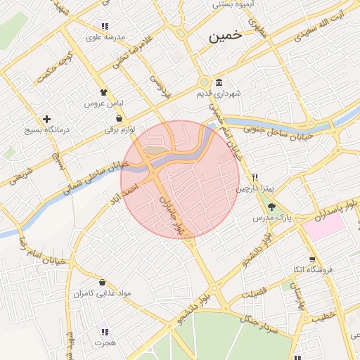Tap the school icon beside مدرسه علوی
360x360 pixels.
pyautogui.click(x=105, y=26)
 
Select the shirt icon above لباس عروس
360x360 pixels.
pyautogui.click(x=104, y=91)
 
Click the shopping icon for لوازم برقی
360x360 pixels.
pyautogui.click(x=119, y=118)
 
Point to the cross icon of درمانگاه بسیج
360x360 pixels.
pyautogui.click(x=47, y=119)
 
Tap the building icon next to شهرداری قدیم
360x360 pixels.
pyautogui.click(x=220, y=82)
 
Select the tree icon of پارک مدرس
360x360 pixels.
pyautogui.click(x=271, y=207)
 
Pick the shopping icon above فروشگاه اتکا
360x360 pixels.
pyautogui.click(x=312, y=258)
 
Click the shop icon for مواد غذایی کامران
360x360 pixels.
pyautogui.click(x=103, y=281)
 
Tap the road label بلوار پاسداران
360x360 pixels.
pyautogui.click(x=327, y=208)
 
